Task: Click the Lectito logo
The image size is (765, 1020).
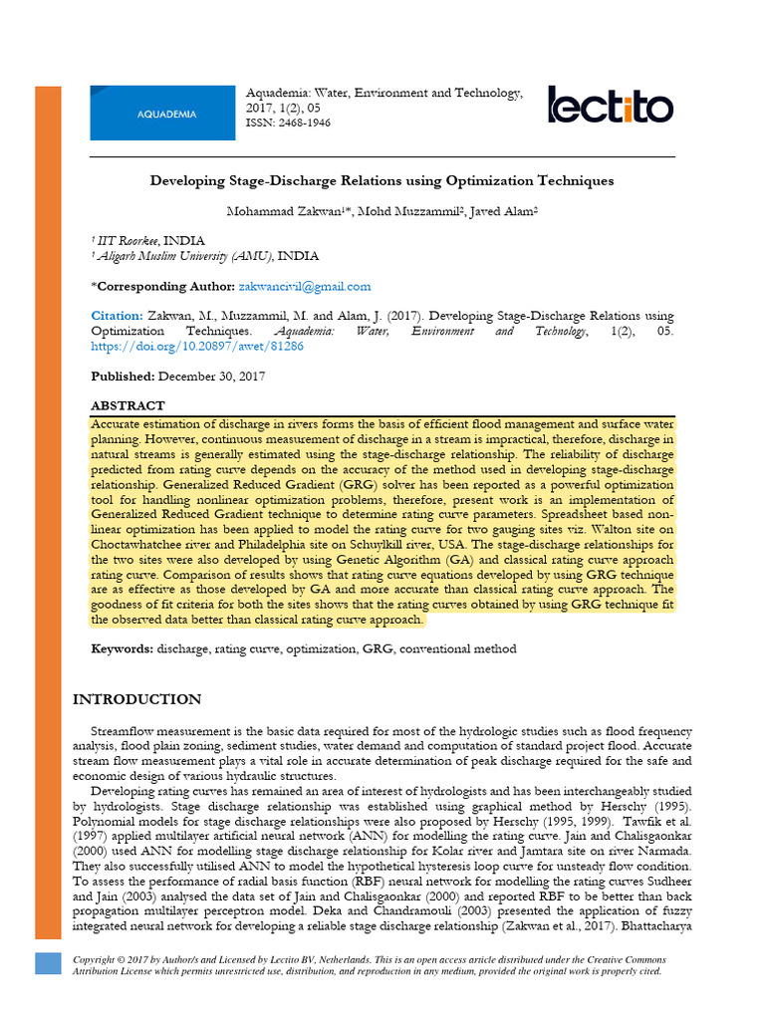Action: (610, 106)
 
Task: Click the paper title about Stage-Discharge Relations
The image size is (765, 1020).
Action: (382, 181)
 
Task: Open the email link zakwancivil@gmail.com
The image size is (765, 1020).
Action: (305, 286)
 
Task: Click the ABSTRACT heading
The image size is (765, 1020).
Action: (127, 406)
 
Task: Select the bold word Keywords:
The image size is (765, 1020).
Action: (122, 648)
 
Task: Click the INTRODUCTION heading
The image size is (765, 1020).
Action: (137, 699)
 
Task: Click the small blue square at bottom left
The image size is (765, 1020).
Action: (48, 962)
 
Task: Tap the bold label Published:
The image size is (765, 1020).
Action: (123, 377)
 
